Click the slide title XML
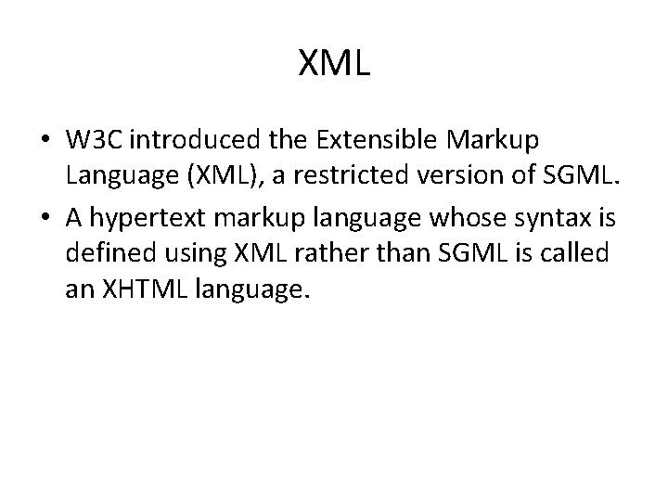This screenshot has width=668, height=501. tap(334, 63)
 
